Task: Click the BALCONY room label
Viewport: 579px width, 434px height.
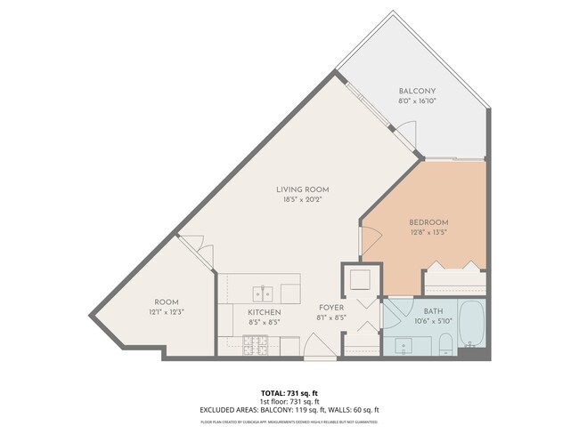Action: click(x=416, y=92)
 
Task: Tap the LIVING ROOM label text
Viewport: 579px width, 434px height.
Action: click(x=303, y=189)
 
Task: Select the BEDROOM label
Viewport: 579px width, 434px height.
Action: click(x=428, y=221)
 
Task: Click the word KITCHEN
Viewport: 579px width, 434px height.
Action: click(x=265, y=312)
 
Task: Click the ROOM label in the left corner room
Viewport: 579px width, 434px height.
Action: click(x=167, y=301)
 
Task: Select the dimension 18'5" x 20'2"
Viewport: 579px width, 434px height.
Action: click(x=303, y=200)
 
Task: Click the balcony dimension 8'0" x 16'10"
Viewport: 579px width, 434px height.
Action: click(x=416, y=102)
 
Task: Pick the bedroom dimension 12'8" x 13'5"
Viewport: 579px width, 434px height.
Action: click(x=428, y=232)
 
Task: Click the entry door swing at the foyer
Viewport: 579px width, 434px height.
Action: click(x=317, y=346)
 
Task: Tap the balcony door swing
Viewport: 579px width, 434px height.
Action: click(x=405, y=134)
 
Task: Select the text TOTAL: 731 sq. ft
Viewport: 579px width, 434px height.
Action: click(x=289, y=392)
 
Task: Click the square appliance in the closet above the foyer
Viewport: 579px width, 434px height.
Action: click(x=361, y=279)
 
